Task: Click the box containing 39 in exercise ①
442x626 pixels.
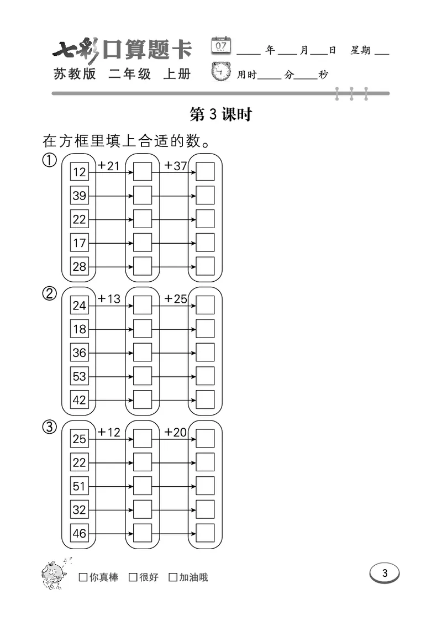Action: (x=80, y=196)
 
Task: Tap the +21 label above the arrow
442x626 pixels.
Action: (x=109, y=166)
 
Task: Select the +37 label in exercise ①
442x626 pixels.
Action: (x=176, y=166)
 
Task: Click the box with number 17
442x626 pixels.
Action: (x=80, y=243)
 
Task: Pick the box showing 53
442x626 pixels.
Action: (x=80, y=376)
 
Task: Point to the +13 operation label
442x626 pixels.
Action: (x=109, y=299)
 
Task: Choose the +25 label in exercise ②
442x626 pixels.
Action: (x=176, y=299)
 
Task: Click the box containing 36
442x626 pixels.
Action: (x=80, y=353)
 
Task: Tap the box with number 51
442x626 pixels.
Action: (x=80, y=486)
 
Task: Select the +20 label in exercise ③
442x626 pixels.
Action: (x=176, y=432)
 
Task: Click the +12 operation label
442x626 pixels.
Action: (x=109, y=432)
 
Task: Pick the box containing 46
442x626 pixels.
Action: (x=80, y=533)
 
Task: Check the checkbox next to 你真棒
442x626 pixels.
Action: (x=83, y=577)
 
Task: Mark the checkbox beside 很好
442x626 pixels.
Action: (x=133, y=577)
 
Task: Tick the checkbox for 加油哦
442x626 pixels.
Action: (x=173, y=577)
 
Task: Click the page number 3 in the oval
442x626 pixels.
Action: (x=385, y=573)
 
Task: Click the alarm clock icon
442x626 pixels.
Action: (x=222, y=72)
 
